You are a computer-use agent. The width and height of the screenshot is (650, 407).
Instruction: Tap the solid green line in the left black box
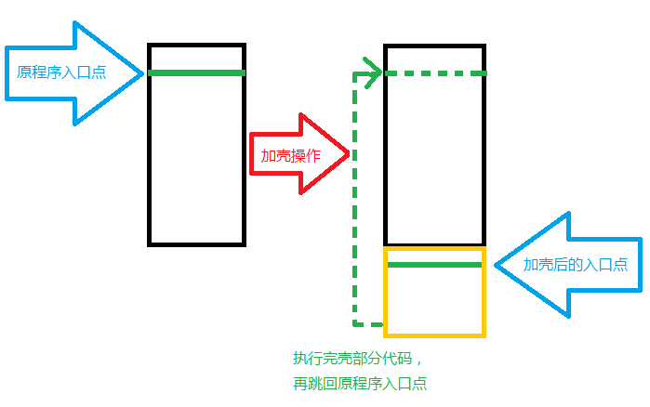[x=196, y=72]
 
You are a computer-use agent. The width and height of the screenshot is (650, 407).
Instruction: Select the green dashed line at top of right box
[x=433, y=73]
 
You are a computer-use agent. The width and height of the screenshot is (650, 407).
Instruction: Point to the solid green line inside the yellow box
[x=433, y=265]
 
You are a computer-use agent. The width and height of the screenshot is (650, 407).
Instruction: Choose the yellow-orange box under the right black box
[x=434, y=292]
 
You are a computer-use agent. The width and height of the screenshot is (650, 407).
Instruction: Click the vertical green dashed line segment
[x=354, y=200]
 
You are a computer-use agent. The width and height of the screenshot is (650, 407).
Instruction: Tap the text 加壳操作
[x=290, y=156]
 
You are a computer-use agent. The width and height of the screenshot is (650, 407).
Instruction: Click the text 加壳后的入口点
[x=575, y=265]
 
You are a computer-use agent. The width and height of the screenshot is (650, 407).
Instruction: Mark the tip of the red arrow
[x=348, y=154]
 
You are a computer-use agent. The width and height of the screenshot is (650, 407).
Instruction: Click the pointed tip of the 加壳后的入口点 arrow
[x=496, y=266]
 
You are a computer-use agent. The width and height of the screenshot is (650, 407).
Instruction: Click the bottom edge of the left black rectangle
[x=196, y=243]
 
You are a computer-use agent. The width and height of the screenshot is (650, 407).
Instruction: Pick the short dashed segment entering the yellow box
[x=369, y=324]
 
